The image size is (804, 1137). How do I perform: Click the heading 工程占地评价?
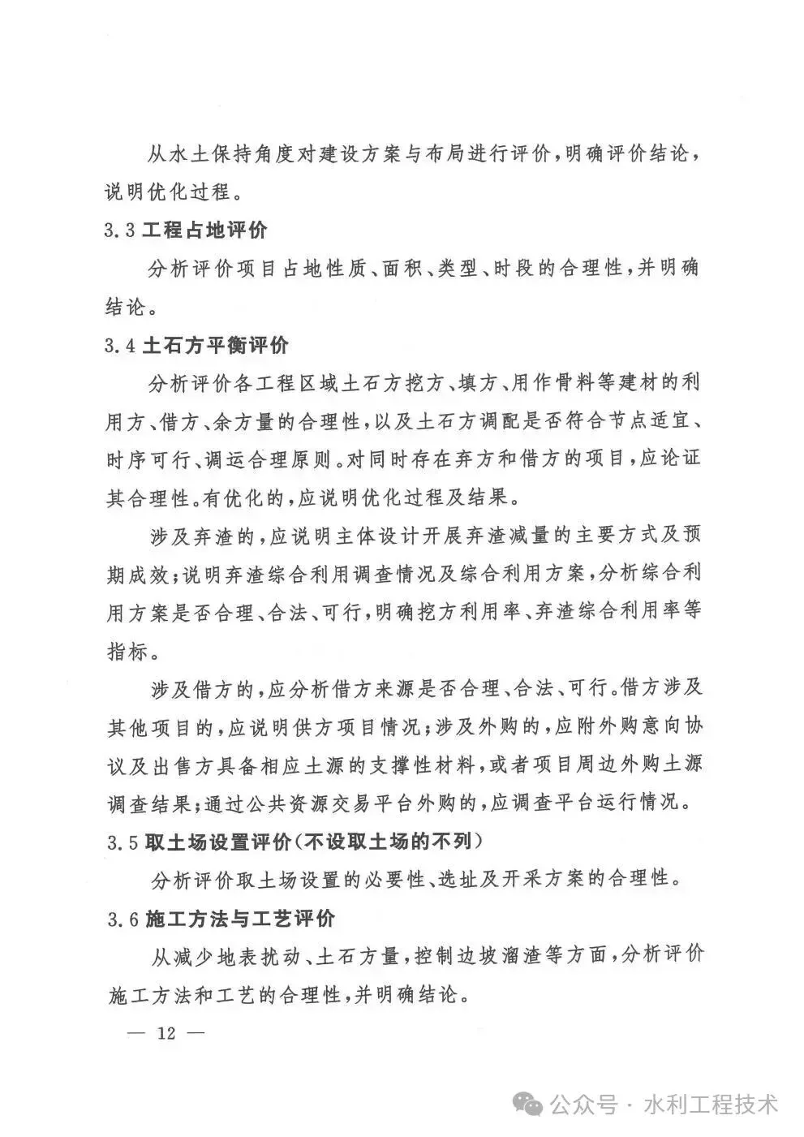[204, 230]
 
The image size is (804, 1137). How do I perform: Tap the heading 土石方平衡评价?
[215, 346]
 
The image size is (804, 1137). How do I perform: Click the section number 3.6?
[122, 920]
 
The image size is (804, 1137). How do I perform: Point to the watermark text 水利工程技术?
[711, 1105]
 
